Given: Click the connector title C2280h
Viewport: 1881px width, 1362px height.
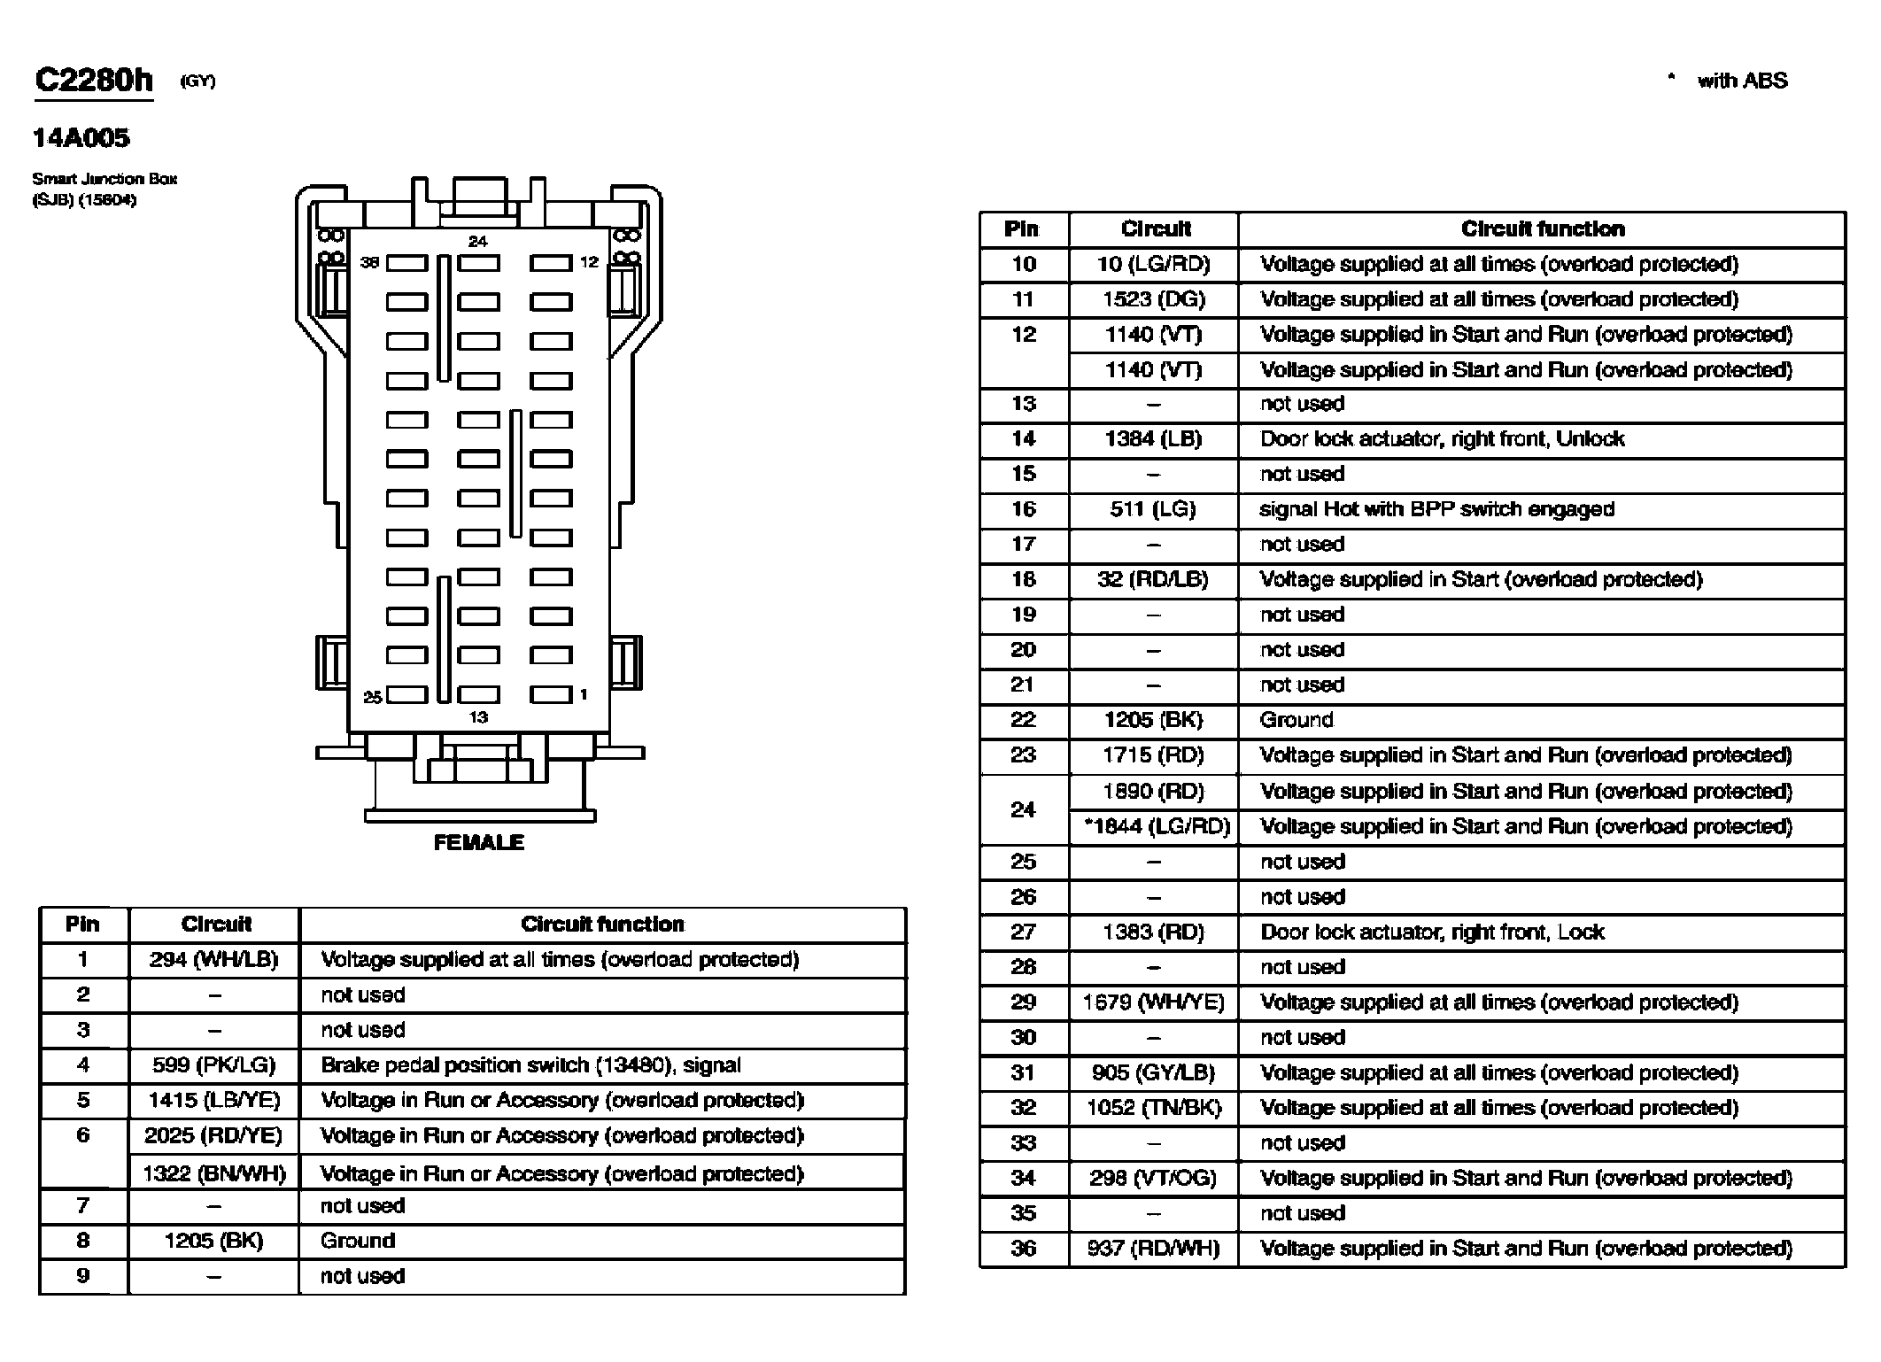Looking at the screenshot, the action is [x=94, y=81].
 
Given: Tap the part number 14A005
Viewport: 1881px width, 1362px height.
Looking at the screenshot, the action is [x=81, y=138].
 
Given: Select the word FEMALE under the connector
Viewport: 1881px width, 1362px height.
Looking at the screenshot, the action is [x=478, y=842].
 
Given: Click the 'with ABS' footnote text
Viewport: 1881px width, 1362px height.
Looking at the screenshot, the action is [x=1742, y=81].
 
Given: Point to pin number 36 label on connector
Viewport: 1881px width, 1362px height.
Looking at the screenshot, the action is [x=369, y=262].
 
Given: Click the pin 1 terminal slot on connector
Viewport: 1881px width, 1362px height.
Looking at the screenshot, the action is [x=551, y=694].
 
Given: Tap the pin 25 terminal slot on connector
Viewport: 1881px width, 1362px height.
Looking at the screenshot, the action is [x=406, y=694].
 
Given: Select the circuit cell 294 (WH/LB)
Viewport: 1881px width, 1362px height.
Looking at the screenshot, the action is [x=213, y=960].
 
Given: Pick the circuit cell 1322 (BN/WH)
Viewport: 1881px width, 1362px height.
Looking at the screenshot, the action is [x=214, y=1174].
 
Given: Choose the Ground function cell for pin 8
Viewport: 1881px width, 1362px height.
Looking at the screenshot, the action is [x=358, y=1241].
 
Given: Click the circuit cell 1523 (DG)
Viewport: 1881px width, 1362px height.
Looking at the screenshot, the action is [x=1154, y=299].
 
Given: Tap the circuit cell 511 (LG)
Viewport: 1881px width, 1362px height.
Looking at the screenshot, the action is [x=1153, y=509].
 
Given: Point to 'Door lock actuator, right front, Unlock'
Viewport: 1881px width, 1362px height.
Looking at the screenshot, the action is [x=1443, y=439].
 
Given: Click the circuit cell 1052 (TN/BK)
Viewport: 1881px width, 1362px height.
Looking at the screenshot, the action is [x=1154, y=1108].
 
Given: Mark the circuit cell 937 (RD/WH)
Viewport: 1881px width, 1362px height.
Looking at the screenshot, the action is [x=1154, y=1249].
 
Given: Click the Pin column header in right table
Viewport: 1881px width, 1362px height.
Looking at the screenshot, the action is [x=1021, y=229].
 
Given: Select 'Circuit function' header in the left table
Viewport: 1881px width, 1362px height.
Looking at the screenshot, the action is [x=602, y=925].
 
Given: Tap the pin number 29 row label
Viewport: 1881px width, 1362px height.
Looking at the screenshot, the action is [x=1023, y=1002].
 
